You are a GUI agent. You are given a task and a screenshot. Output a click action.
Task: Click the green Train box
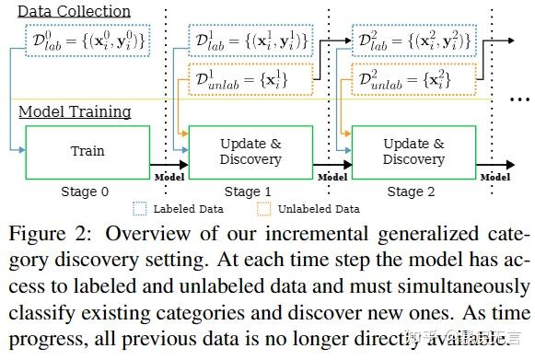pyautogui.click(x=88, y=151)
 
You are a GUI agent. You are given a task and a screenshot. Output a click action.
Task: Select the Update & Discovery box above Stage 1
pyautogui.click(x=250, y=151)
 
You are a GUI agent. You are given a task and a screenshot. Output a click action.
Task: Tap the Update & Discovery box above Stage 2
pyautogui.click(x=413, y=151)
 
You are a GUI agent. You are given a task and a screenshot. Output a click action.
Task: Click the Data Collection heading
pyautogui.click(x=76, y=11)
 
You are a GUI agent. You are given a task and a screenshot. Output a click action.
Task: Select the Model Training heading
pyautogui.click(x=76, y=112)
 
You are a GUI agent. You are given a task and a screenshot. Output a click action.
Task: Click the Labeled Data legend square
pyautogui.click(x=140, y=209)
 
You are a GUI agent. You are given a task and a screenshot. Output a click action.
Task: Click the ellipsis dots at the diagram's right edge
pyautogui.click(x=517, y=98)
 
